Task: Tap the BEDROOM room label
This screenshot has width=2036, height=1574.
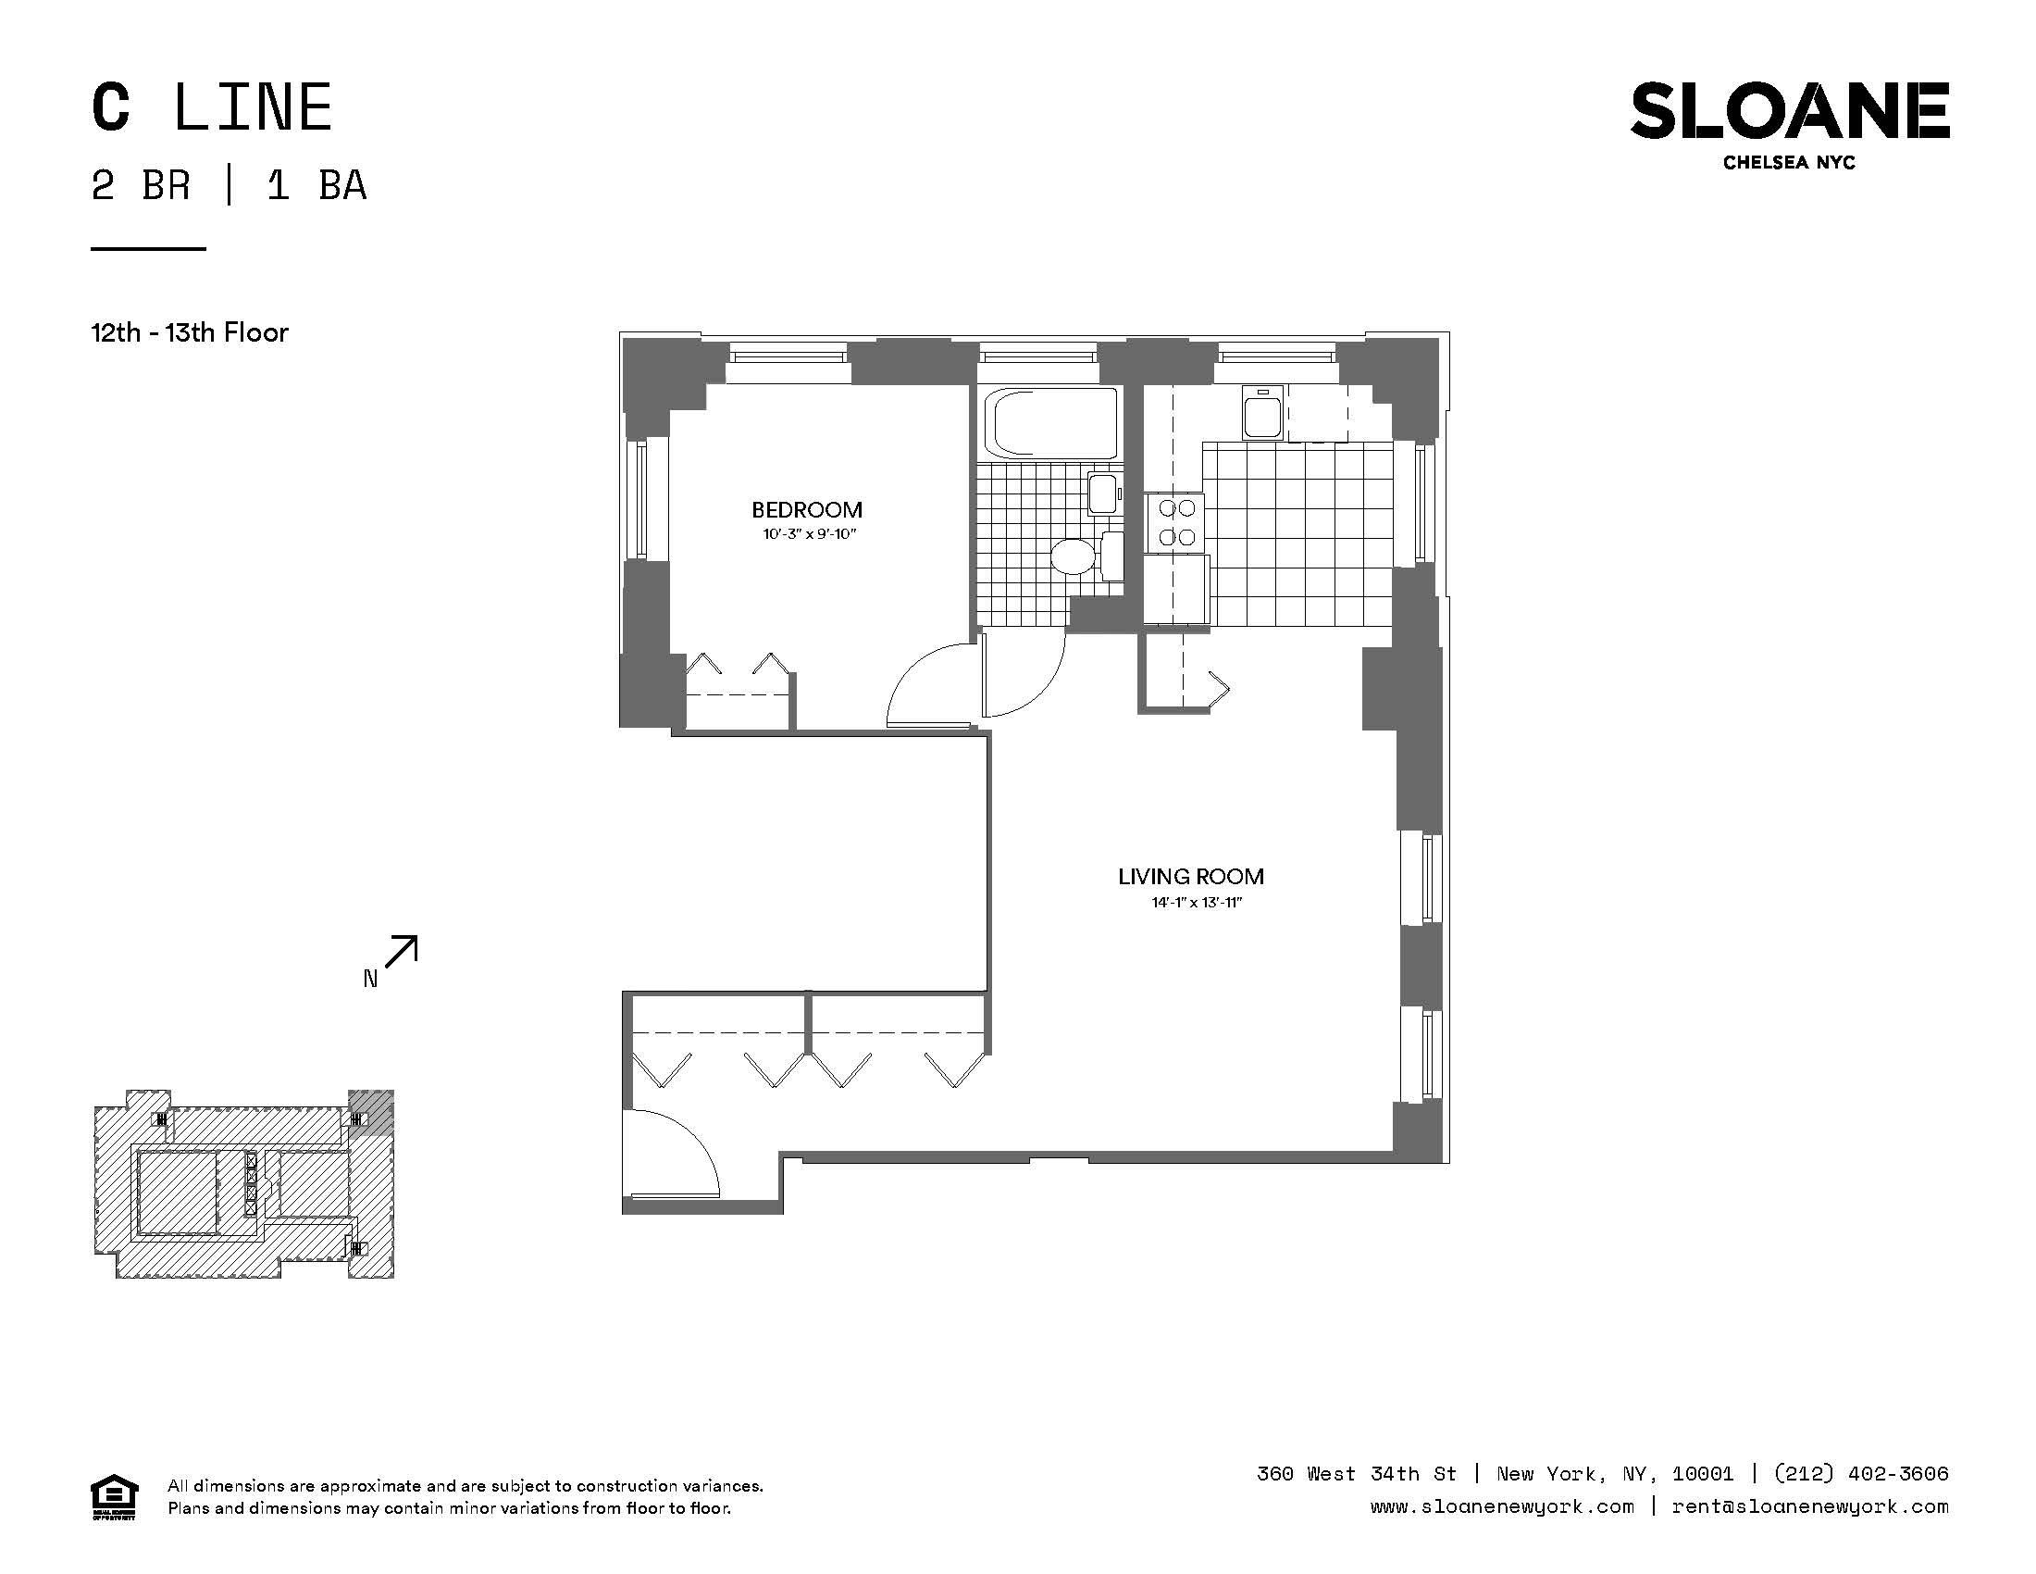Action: click(806, 510)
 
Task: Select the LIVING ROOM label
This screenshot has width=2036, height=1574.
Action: click(1190, 877)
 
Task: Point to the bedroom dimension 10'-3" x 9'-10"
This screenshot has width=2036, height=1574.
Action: click(808, 534)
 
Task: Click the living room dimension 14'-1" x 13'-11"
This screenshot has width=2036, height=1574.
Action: click(1197, 903)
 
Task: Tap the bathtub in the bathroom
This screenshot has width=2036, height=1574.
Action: click(1054, 423)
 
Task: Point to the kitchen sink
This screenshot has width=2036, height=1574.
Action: click(1263, 413)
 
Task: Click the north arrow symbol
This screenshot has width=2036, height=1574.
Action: click(401, 952)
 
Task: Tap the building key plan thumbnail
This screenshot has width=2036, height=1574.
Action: click(243, 1183)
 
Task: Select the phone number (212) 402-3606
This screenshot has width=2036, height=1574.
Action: click(1862, 1474)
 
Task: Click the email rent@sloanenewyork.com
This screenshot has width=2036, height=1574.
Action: click(1810, 1506)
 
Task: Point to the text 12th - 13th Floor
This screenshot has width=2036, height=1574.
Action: click(190, 333)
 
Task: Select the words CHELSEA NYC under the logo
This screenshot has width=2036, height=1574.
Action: click(1789, 163)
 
